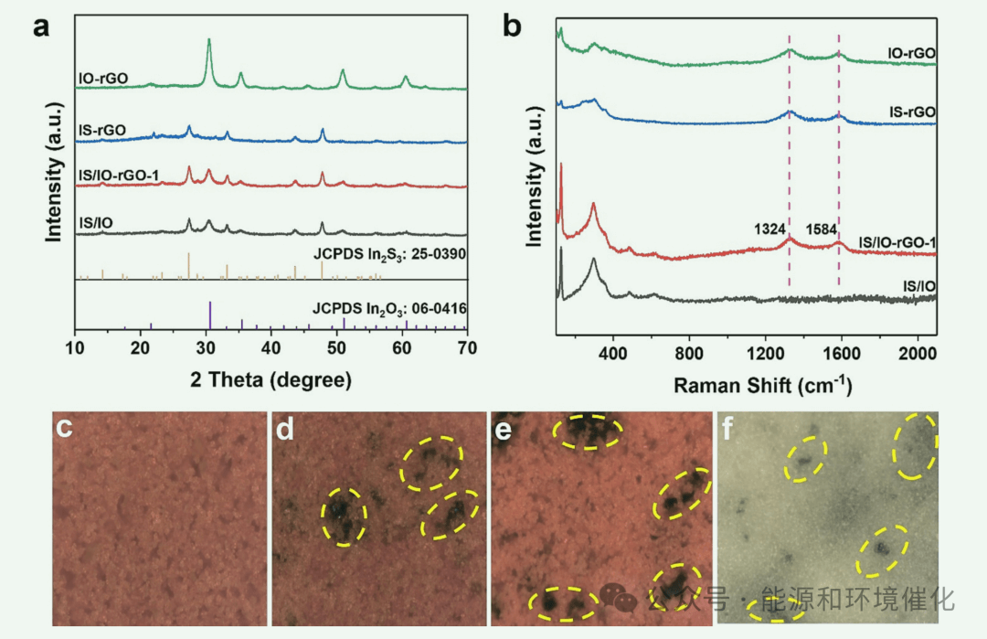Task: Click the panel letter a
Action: click(x=40, y=26)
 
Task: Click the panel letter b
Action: click(x=513, y=26)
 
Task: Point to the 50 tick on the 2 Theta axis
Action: click(x=335, y=348)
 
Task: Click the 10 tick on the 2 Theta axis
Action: click(x=75, y=348)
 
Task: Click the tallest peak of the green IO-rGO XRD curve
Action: click(x=209, y=40)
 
